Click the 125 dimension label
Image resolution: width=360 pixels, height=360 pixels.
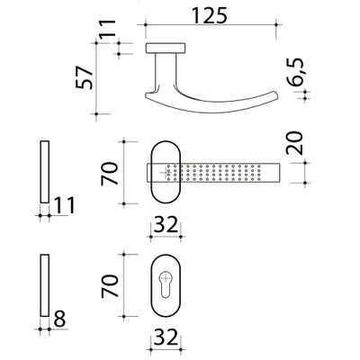pyautogui.click(x=210, y=15)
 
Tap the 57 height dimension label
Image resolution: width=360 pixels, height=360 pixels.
pyautogui.click(x=85, y=77)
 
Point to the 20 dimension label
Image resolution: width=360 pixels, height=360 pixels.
pyautogui.click(x=294, y=143)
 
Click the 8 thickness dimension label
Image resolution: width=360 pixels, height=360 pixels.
pyautogui.click(x=59, y=319)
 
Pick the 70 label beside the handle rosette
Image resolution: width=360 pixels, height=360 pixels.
pyautogui.click(x=110, y=174)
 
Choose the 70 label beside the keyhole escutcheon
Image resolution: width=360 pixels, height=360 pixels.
pyautogui.click(x=110, y=286)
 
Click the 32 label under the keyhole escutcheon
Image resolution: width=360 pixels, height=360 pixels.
pyautogui.click(x=166, y=337)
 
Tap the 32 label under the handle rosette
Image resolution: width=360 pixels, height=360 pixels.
pyautogui.click(x=166, y=225)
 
